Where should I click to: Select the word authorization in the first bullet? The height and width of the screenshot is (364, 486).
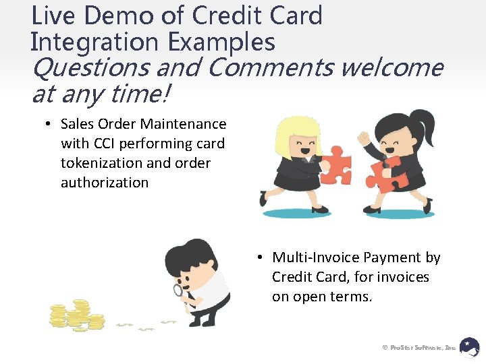pos(105,183)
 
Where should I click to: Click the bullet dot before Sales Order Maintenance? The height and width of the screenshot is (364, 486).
pos(49,124)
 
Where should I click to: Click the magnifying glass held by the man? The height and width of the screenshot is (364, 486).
pos(179,291)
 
